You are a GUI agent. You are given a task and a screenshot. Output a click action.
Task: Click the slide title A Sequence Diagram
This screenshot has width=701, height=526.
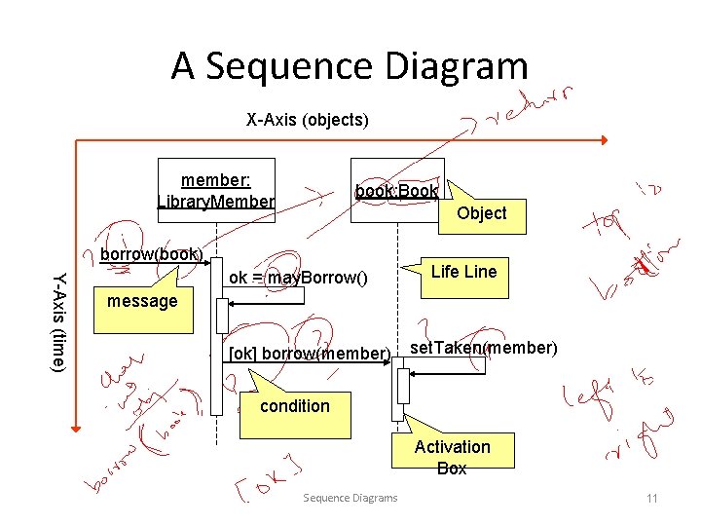tap(350, 66)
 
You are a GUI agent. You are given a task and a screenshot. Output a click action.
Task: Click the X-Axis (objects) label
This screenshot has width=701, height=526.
tap(307, 120)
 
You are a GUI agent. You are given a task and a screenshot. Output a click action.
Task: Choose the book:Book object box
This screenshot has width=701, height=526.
tap(396, 190)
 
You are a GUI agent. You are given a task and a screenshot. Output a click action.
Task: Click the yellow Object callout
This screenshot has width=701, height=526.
tap(482, 213)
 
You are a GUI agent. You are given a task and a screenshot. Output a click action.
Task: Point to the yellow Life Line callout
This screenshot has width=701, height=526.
tap(463, 272)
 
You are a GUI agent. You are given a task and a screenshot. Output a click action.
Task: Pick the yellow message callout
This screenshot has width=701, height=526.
tap(142, 301)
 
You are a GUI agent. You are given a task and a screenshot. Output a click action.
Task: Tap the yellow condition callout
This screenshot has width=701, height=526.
tap(294, 405)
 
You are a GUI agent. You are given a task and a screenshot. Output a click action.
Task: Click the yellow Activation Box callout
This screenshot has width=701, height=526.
tap(452, 457)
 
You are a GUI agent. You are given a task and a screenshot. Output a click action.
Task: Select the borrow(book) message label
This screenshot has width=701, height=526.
tap(151, 255)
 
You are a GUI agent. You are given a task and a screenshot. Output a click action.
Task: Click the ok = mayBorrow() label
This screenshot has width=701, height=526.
tap(298, 278)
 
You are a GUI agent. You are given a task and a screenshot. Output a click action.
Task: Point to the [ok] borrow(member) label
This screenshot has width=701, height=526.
tap(308, 353)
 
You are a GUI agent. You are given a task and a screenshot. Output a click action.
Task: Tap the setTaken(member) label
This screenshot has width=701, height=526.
tap(483, 348)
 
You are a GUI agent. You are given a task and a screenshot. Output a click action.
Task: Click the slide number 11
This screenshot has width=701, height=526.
tap(652, 499)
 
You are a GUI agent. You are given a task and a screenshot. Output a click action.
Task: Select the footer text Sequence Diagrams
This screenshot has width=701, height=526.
tap(350, 498)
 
